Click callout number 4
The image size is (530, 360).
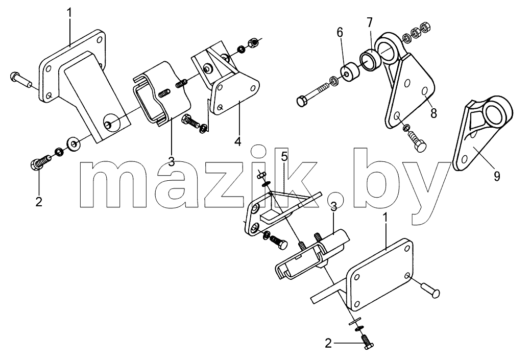(x=238, y=141)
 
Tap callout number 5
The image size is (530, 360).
(x=284, y=156)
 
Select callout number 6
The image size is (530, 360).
(x=340, y=33)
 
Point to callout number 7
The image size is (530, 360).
(x=369, y=22)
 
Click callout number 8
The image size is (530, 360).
(x=433, y=113)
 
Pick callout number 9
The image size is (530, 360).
(x=497, y=176)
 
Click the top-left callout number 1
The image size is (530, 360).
(x=69, y=13)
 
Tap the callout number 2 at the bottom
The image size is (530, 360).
(x=328, y=344)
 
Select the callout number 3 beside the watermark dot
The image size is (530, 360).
(x=333, y=207)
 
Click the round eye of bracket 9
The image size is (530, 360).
(x=496, y=111)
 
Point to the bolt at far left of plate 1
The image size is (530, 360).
(x=21, y=80)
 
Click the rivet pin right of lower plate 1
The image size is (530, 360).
(x=431, y=291)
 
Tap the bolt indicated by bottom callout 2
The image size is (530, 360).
(x=367, y=342)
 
